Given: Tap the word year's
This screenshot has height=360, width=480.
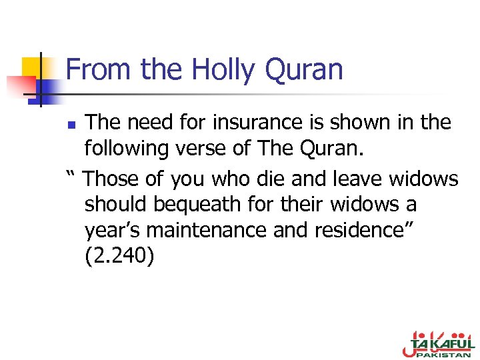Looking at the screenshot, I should tap(112, 230).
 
